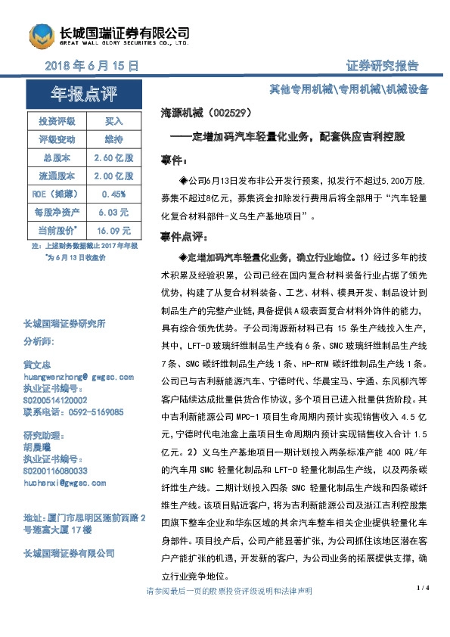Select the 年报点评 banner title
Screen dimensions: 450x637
pos(84,95)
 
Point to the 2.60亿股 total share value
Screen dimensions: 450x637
pos(113,157)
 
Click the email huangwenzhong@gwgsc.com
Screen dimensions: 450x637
pos(79,376)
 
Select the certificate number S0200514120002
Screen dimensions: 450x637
pos(55,400)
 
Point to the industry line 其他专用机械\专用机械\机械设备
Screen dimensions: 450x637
pos(349,89)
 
